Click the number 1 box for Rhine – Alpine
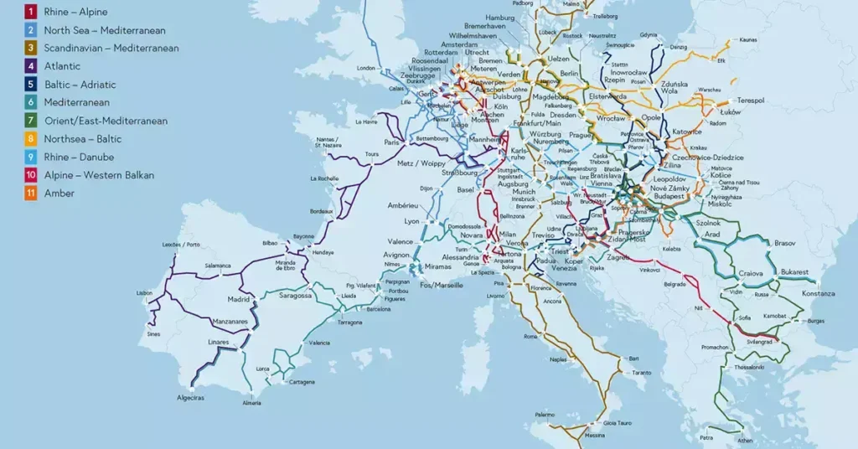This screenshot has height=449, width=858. tap(29, 12)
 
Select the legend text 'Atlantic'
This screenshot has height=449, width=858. tap(63, 66)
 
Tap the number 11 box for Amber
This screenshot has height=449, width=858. tap(29, 194)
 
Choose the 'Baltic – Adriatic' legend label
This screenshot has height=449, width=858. tap(80, 85)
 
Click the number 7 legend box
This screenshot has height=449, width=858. tap(29, 121)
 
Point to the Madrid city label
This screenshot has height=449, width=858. tap(239, 299)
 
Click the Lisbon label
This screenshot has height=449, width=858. tap(145, 293)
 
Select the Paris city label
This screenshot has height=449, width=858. tap(391, 142)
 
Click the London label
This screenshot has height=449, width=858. tap(365, 68)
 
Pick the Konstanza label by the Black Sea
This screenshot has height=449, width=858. tap(818, 294)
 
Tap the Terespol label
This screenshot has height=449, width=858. tap(750, 101)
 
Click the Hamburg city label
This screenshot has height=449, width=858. tap(499, 18)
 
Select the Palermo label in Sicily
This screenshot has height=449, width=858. tap(545, 415)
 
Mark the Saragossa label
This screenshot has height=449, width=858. tap(295, 296)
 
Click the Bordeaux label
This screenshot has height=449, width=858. tap(322, 212)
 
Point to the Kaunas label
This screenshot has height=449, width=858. tap(748, 39)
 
